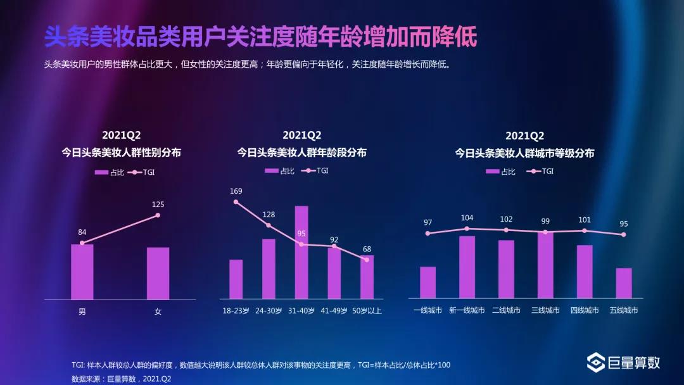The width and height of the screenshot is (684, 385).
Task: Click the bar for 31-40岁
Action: [301, 252]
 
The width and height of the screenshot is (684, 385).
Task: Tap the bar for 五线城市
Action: [624, 282]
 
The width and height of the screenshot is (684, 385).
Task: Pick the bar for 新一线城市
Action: [467, 267]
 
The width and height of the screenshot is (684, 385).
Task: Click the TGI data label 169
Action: [236, 191]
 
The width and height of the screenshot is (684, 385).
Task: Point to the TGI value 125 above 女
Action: [158, 205]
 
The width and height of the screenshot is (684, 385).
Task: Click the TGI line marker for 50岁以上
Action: [367, 260]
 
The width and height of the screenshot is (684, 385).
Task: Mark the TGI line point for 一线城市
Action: [427, 233]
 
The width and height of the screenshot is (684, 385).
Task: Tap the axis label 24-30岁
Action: [269, 311]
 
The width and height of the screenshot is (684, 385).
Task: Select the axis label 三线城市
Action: [545, 310]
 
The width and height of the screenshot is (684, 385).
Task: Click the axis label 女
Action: [158, 312]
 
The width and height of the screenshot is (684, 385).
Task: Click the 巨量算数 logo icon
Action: [595, 363]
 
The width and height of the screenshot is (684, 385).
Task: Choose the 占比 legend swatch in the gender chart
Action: [101, 172]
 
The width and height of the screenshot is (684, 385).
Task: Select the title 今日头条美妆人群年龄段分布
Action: [301, 153]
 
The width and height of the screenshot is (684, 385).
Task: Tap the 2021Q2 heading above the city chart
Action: [524, 136]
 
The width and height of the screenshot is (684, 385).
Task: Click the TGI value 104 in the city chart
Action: [467, 218]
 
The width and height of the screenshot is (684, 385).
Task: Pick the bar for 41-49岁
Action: [334, 273]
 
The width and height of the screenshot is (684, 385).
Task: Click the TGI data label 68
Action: [367, 248]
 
